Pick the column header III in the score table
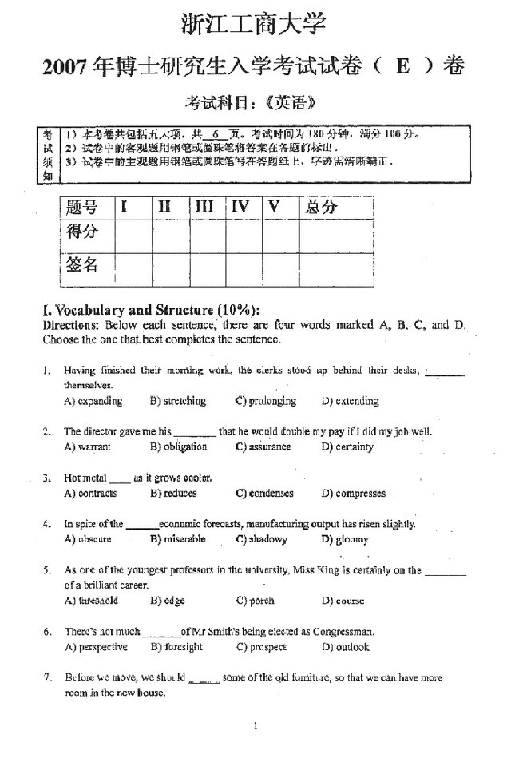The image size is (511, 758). tap(204, 208)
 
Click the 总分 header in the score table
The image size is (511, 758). tap(321, 208)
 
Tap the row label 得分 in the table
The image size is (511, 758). tap(82, 232)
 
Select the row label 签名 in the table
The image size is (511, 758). tap(82, 264)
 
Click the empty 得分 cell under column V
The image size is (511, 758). tap(280, 234)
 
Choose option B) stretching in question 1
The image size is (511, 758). tap(177, 401)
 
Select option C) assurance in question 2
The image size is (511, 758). tap(263, 447)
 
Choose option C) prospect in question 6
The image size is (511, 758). tap(262, 647)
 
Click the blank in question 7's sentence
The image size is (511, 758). tap(204, 679)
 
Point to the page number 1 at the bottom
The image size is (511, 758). tap(255, 726)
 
